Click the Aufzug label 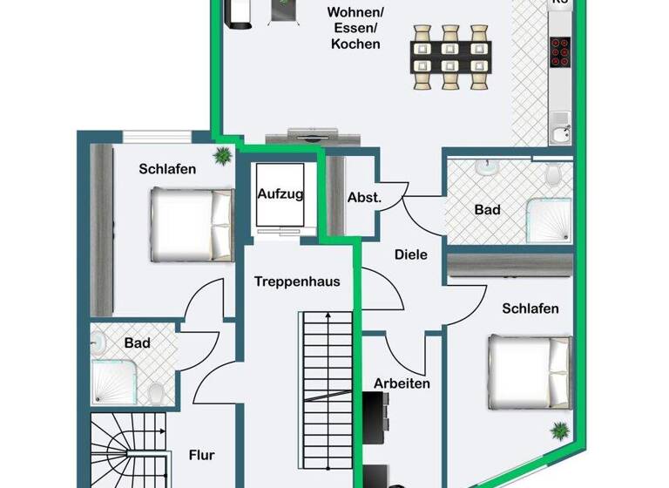coord(280,194)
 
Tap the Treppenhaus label coord(297,281)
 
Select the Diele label coord(410,255)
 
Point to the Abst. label coord(364,198)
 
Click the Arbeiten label coord(402,383)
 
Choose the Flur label coord(201,454)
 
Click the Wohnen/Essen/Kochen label coord(355,28)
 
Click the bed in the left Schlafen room coord(191,226)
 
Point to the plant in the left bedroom coord(223,156)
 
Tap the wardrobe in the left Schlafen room coord(102,229)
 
